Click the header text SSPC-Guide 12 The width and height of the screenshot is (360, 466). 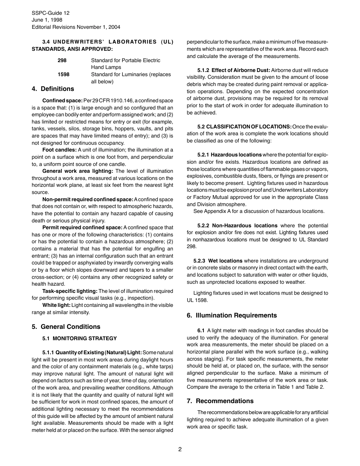[50, 13]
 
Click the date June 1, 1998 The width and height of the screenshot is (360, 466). [47, 20]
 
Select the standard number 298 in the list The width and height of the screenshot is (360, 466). [62, 60]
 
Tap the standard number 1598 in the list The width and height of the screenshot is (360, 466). [64, 74]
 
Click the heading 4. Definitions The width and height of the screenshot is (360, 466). [53, 89]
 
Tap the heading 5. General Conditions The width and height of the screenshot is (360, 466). [66, 327]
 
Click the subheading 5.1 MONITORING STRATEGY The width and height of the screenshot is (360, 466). [80, 338]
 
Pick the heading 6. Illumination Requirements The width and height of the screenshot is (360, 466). [232, 315]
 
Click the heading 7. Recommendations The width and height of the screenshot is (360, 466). [220, 401]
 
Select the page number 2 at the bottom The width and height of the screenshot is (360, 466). [180, 450]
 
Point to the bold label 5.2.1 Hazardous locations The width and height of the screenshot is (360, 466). [229, 155]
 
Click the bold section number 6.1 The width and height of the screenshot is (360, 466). [201, 330]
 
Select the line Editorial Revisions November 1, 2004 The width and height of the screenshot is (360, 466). [76, 27]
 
